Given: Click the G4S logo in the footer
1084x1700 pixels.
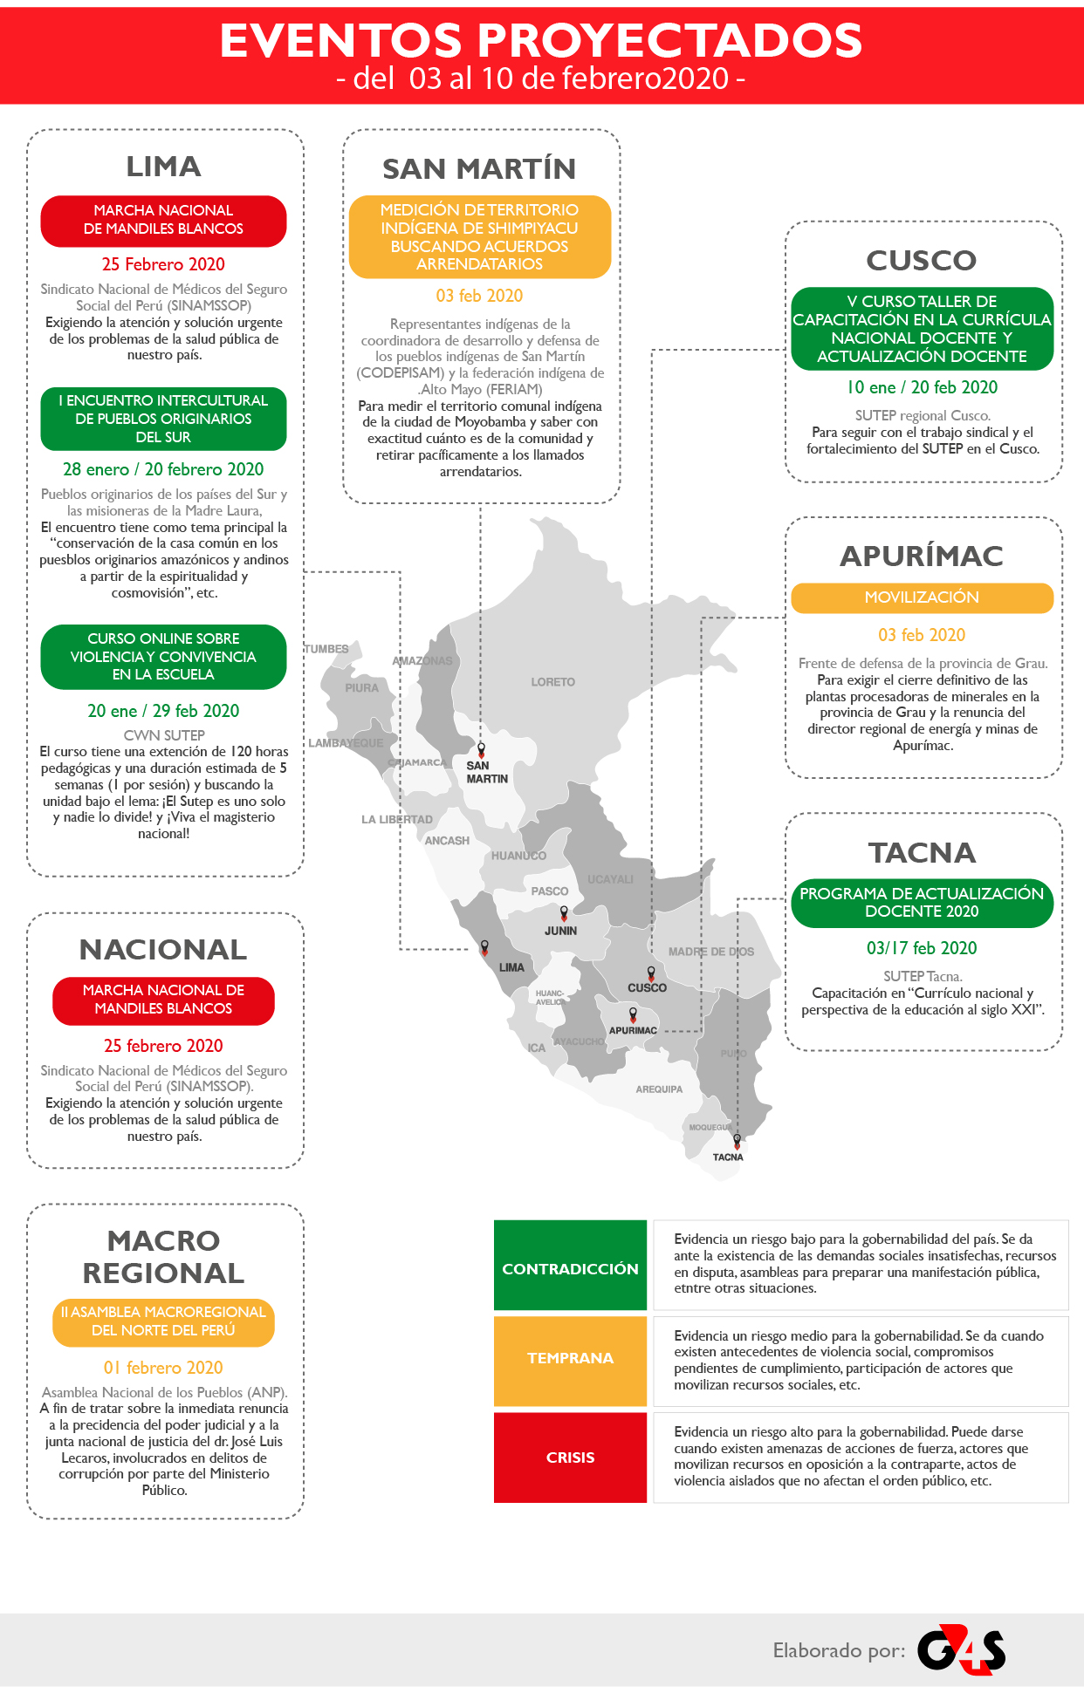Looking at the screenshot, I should (961, 1649).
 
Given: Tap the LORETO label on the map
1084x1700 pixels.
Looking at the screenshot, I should (552, 682).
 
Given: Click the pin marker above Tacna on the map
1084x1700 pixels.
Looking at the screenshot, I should (737, 1140).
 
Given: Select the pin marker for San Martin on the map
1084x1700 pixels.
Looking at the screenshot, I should (481, 749).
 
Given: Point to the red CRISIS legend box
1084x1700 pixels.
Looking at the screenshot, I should (570, 1458).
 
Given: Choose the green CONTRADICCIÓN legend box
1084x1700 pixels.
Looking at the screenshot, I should (570, 1269).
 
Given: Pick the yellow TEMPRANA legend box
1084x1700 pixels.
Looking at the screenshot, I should (570, 1358).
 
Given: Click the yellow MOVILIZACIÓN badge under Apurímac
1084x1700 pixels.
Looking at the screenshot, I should (922, 597).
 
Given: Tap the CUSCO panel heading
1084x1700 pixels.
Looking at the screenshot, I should (922, 260).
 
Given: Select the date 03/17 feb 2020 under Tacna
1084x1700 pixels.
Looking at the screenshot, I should (922, 948).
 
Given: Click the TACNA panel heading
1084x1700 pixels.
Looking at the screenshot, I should (922, 852).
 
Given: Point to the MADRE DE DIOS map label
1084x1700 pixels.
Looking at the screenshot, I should (710, 952).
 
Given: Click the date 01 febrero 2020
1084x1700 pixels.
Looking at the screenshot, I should (163, 1368).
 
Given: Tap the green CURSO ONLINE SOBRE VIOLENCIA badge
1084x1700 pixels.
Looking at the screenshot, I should (163, 657).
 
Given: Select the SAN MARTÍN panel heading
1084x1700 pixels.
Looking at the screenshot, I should (479, 168).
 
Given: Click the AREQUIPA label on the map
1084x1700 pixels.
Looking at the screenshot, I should (659, 1089).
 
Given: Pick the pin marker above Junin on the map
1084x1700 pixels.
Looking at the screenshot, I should (564, 913).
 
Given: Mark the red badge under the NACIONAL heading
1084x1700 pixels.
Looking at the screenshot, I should (163, 1000).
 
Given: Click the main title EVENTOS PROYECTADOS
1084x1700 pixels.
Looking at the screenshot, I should (541, 40).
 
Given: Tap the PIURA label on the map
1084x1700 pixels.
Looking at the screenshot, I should (361, 688).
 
